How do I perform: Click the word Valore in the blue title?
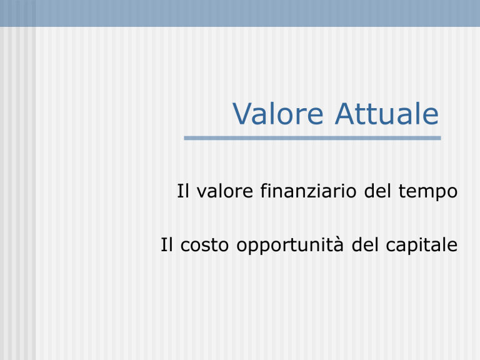point(278,114)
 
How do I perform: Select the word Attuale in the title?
point(387,114)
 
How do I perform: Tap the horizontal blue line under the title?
point(312,138)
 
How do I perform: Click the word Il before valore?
point(183,191)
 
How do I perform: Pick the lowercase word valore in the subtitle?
point(225,191)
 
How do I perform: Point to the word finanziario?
point(309,191)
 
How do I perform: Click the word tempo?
point(428,192)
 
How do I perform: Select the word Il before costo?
point(167,244)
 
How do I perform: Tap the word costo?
point(204,246)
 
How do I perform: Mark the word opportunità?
point(290,246)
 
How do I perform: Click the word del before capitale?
point(365,244)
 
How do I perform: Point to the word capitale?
point(422,246)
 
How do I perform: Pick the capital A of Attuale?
point(346,114)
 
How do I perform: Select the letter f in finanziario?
point(264,191)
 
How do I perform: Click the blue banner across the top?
point(240,13)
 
